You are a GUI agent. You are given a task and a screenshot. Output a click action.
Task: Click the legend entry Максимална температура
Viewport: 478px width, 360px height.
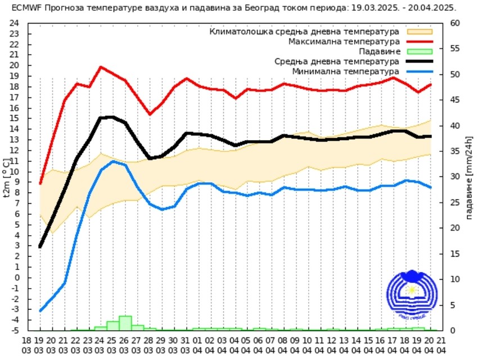tap(344, 42)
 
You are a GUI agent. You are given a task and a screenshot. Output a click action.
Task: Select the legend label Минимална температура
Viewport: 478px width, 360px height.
tap(346, 72)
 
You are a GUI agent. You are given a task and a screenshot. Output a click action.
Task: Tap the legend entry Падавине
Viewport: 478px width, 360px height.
tap(380, 52)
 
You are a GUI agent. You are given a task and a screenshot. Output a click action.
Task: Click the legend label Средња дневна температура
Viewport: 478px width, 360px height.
tap(337, 62)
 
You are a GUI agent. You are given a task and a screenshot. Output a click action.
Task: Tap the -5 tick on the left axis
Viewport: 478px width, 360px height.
tap(15, 330)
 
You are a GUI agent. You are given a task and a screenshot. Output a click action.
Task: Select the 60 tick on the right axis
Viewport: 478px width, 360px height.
tap(455, 23)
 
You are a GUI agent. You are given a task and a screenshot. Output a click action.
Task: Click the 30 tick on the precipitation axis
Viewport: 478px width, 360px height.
tap(455, 177)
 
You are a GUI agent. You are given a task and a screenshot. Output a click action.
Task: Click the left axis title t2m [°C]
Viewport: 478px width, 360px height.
tap(6, 177)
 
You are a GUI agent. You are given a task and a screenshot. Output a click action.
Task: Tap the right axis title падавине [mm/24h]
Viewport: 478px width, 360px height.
tap(469, 177)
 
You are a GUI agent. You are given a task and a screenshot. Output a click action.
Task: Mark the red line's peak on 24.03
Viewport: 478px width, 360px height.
tap(101, 67)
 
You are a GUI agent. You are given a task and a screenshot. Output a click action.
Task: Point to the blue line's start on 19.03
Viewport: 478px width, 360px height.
tap(40, 310)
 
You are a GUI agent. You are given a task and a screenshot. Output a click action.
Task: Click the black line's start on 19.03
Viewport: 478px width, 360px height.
tap(40, 246)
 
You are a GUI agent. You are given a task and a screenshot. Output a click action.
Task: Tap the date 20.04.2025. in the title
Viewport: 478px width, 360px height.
tap(433, 8)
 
